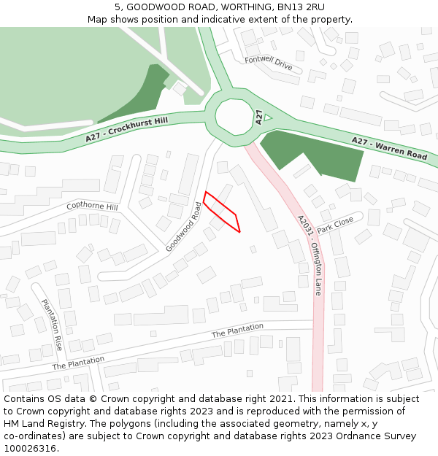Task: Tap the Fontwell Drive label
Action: click(268, 63)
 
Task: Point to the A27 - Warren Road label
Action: click(389, 148)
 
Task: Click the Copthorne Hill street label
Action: click(92, 206)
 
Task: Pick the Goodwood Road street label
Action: click(183, 227)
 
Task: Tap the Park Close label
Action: click(335, 224)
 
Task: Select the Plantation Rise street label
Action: click(52, 325)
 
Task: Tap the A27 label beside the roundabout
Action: click(259, 117)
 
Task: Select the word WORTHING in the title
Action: click(219, 7)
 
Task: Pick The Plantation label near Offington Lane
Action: click(237, 331)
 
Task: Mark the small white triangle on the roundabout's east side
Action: click(268, 117)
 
